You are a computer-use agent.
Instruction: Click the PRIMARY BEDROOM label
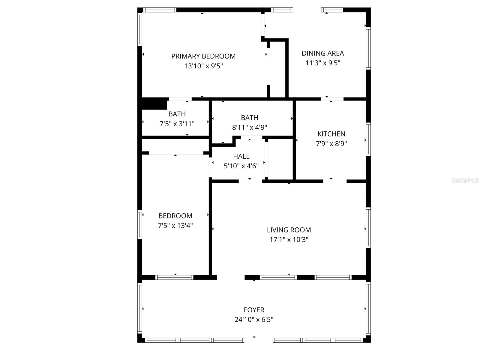[x=203, y=56]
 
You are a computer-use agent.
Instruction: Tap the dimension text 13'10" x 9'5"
[x=203, y=66]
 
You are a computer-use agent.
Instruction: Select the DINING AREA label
[x=323, y=53]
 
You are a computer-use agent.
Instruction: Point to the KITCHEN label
[x=331, y=134]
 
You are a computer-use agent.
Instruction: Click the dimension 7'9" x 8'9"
[x=331, y=144]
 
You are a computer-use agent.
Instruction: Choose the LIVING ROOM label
[x=289, y=230]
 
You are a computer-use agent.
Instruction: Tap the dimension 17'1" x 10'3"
[x=289, y=240]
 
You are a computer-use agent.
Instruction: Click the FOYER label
[x=254, y=310]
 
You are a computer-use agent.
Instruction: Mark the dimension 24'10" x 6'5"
[x=254, y=319]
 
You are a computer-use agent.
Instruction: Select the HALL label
[x=241, y=156]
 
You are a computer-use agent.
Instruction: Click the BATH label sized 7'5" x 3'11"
[x=177, y=114]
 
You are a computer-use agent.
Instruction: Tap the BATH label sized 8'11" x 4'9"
[x=249, y=118]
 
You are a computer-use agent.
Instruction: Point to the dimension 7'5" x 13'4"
[x=175, y=226]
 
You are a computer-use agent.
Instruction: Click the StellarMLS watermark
[x=465, y=180]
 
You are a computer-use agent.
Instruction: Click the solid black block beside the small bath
[x=154, y=104]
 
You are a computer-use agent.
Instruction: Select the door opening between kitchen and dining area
[x=332, y=99]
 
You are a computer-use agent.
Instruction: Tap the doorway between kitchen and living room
[x=334, y=181]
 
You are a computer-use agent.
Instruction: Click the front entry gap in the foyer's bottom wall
[x=258, y=340]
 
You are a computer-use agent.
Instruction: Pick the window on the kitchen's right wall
[x=368, y=139]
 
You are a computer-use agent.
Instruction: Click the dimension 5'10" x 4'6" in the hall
[x=241, y=166]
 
